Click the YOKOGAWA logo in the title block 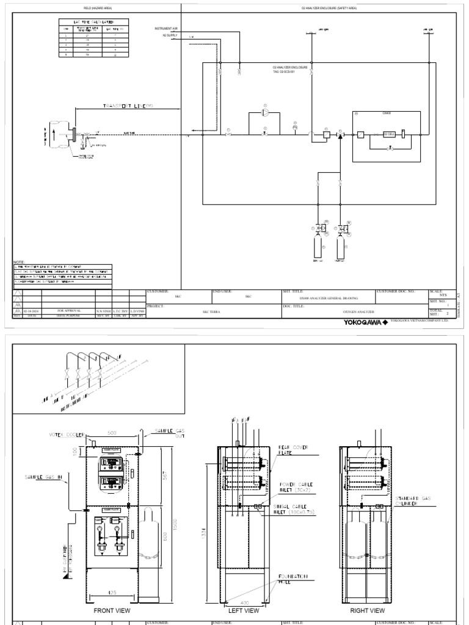click(x=365, y=321)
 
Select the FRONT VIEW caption click(x=111, y=610)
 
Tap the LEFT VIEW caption click(x=244, y=610)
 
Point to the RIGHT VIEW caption click(x=368, y=610)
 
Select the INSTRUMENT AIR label click(x=166, y=29)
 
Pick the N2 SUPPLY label click(x=167, y=35)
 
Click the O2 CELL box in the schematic click(x=390, y=134)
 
